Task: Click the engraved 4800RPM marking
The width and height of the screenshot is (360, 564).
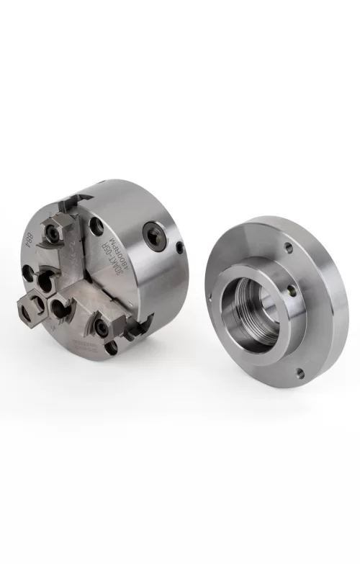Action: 114,256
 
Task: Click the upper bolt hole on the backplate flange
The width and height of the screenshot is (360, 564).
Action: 289,248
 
